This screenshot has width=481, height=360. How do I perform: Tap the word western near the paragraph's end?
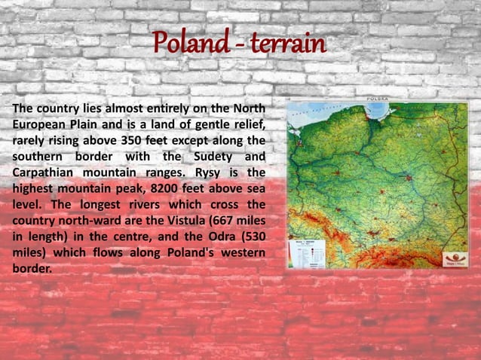(240, 252)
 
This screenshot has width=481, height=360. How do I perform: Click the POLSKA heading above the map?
(377, 99)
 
